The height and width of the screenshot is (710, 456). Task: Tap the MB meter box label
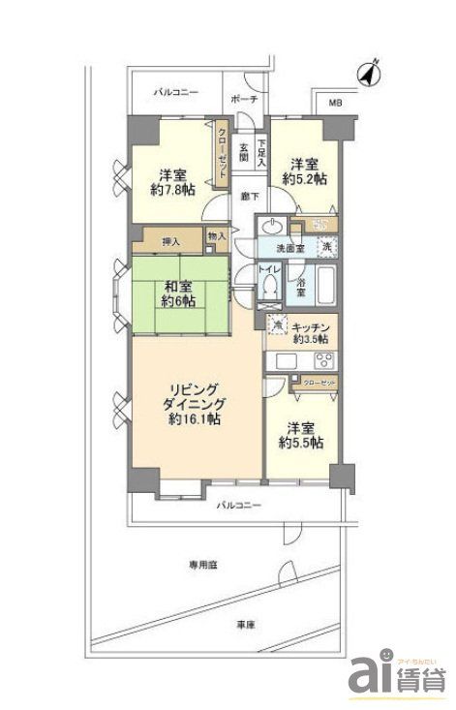(335, 103)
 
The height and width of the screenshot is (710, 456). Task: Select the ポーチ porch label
(245, 100)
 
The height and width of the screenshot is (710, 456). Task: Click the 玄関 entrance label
(243, 152)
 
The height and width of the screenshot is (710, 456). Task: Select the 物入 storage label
(217, 235)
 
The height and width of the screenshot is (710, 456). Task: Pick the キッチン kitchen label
(313, 327)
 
